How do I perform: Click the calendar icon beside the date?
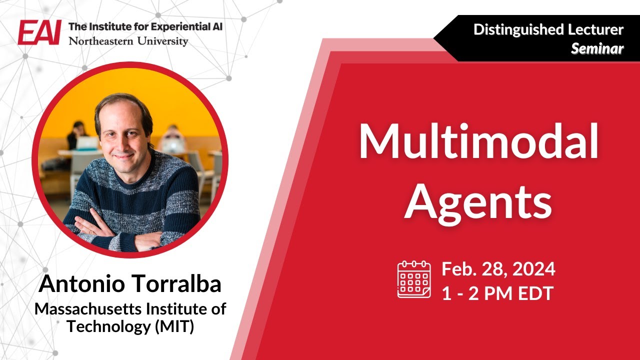tap(414, 279)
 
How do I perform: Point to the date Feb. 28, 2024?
tap(498, 269)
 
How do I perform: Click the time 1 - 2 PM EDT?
tap(497, 293)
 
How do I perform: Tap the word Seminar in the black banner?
tap(597, 48)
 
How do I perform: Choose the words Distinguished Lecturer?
tap(548, 29)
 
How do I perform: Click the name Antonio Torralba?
tap(130, 284)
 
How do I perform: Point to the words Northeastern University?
tap(128, 41)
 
